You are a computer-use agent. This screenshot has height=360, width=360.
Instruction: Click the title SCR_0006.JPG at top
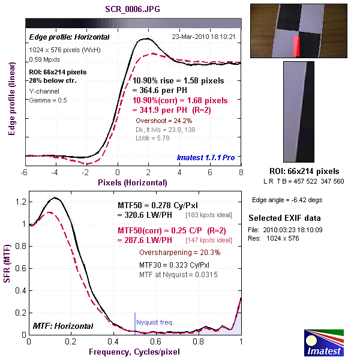tap(133, 10)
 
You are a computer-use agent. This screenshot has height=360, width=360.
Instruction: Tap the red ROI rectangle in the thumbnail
tap(295, 44)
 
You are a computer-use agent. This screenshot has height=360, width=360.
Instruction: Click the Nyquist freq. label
tap(155, 323)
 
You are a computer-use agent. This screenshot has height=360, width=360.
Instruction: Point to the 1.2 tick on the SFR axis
tap(21, 202)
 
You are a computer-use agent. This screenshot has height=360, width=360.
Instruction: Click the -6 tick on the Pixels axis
tap(25, 172)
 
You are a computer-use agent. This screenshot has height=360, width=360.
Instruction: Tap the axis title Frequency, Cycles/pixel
tap(135, 351)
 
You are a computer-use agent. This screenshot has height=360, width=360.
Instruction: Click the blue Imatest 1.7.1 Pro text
tap(206, 157)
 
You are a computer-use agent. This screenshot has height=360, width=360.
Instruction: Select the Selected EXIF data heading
tap(284, 218)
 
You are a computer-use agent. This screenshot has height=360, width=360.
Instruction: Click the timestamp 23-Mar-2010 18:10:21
tap(203, 37)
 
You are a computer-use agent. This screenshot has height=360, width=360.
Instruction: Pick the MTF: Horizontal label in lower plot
tap(63, 326)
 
